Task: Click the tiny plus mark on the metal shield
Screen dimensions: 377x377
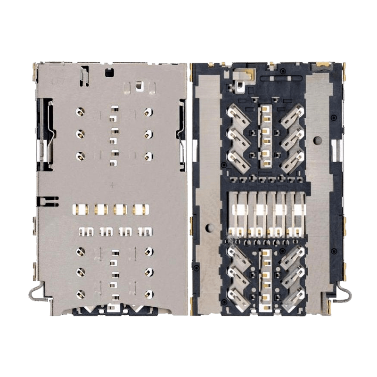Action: tap(112, 185)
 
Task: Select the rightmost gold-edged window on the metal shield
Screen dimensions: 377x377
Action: tap(139, 208)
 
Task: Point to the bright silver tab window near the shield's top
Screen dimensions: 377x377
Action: tap(139, 86)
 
